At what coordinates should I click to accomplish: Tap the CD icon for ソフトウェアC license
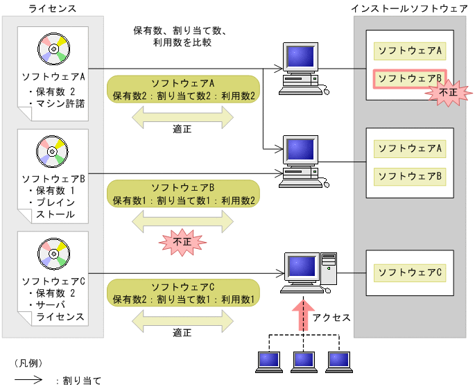click(53, 253)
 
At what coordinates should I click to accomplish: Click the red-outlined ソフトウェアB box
click(409, 78)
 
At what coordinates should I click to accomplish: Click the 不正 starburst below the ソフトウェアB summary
click(182, 243)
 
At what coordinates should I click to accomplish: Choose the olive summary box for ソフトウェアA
click(183, 89)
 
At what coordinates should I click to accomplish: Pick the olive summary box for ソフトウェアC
click(183, 293)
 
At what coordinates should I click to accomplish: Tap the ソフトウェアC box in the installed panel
click(409, 272)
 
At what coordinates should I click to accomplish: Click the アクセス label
click(331, 317)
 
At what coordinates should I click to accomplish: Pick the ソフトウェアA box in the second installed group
click(409, 148)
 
